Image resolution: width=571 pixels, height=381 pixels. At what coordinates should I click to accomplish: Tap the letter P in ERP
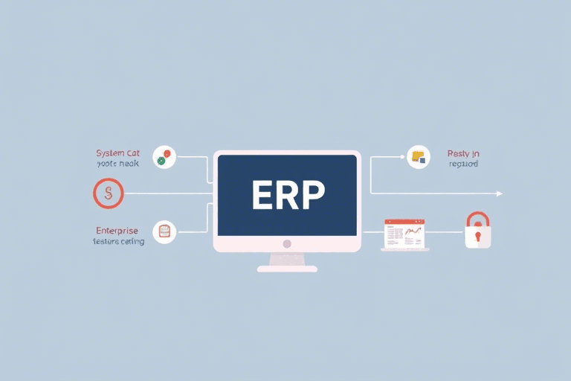[311, 196]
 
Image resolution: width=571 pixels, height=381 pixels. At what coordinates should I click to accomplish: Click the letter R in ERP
[287, 196]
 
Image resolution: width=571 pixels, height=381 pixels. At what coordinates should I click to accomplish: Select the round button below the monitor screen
[287, 243]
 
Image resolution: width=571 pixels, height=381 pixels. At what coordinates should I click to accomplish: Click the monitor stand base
[287, 268]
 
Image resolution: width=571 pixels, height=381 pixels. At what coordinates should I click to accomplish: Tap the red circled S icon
[108, 193]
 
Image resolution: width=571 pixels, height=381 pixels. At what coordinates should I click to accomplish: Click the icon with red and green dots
[164, 157]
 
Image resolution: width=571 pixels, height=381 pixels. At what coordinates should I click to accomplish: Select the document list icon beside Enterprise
[164, 231]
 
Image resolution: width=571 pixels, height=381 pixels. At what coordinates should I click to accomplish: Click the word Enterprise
[117, 231]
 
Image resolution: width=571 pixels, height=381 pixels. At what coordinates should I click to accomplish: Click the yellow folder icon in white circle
[419, 157]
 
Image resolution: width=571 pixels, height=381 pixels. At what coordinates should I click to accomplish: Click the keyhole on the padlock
[478, 237]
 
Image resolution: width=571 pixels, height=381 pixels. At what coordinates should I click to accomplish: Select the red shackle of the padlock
[478, 219]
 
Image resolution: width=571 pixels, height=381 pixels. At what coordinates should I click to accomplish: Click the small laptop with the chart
[404, 234]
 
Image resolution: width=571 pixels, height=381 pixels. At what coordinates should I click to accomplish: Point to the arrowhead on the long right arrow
[500, 193]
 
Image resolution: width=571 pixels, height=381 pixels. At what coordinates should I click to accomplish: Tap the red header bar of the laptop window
[404, 222]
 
